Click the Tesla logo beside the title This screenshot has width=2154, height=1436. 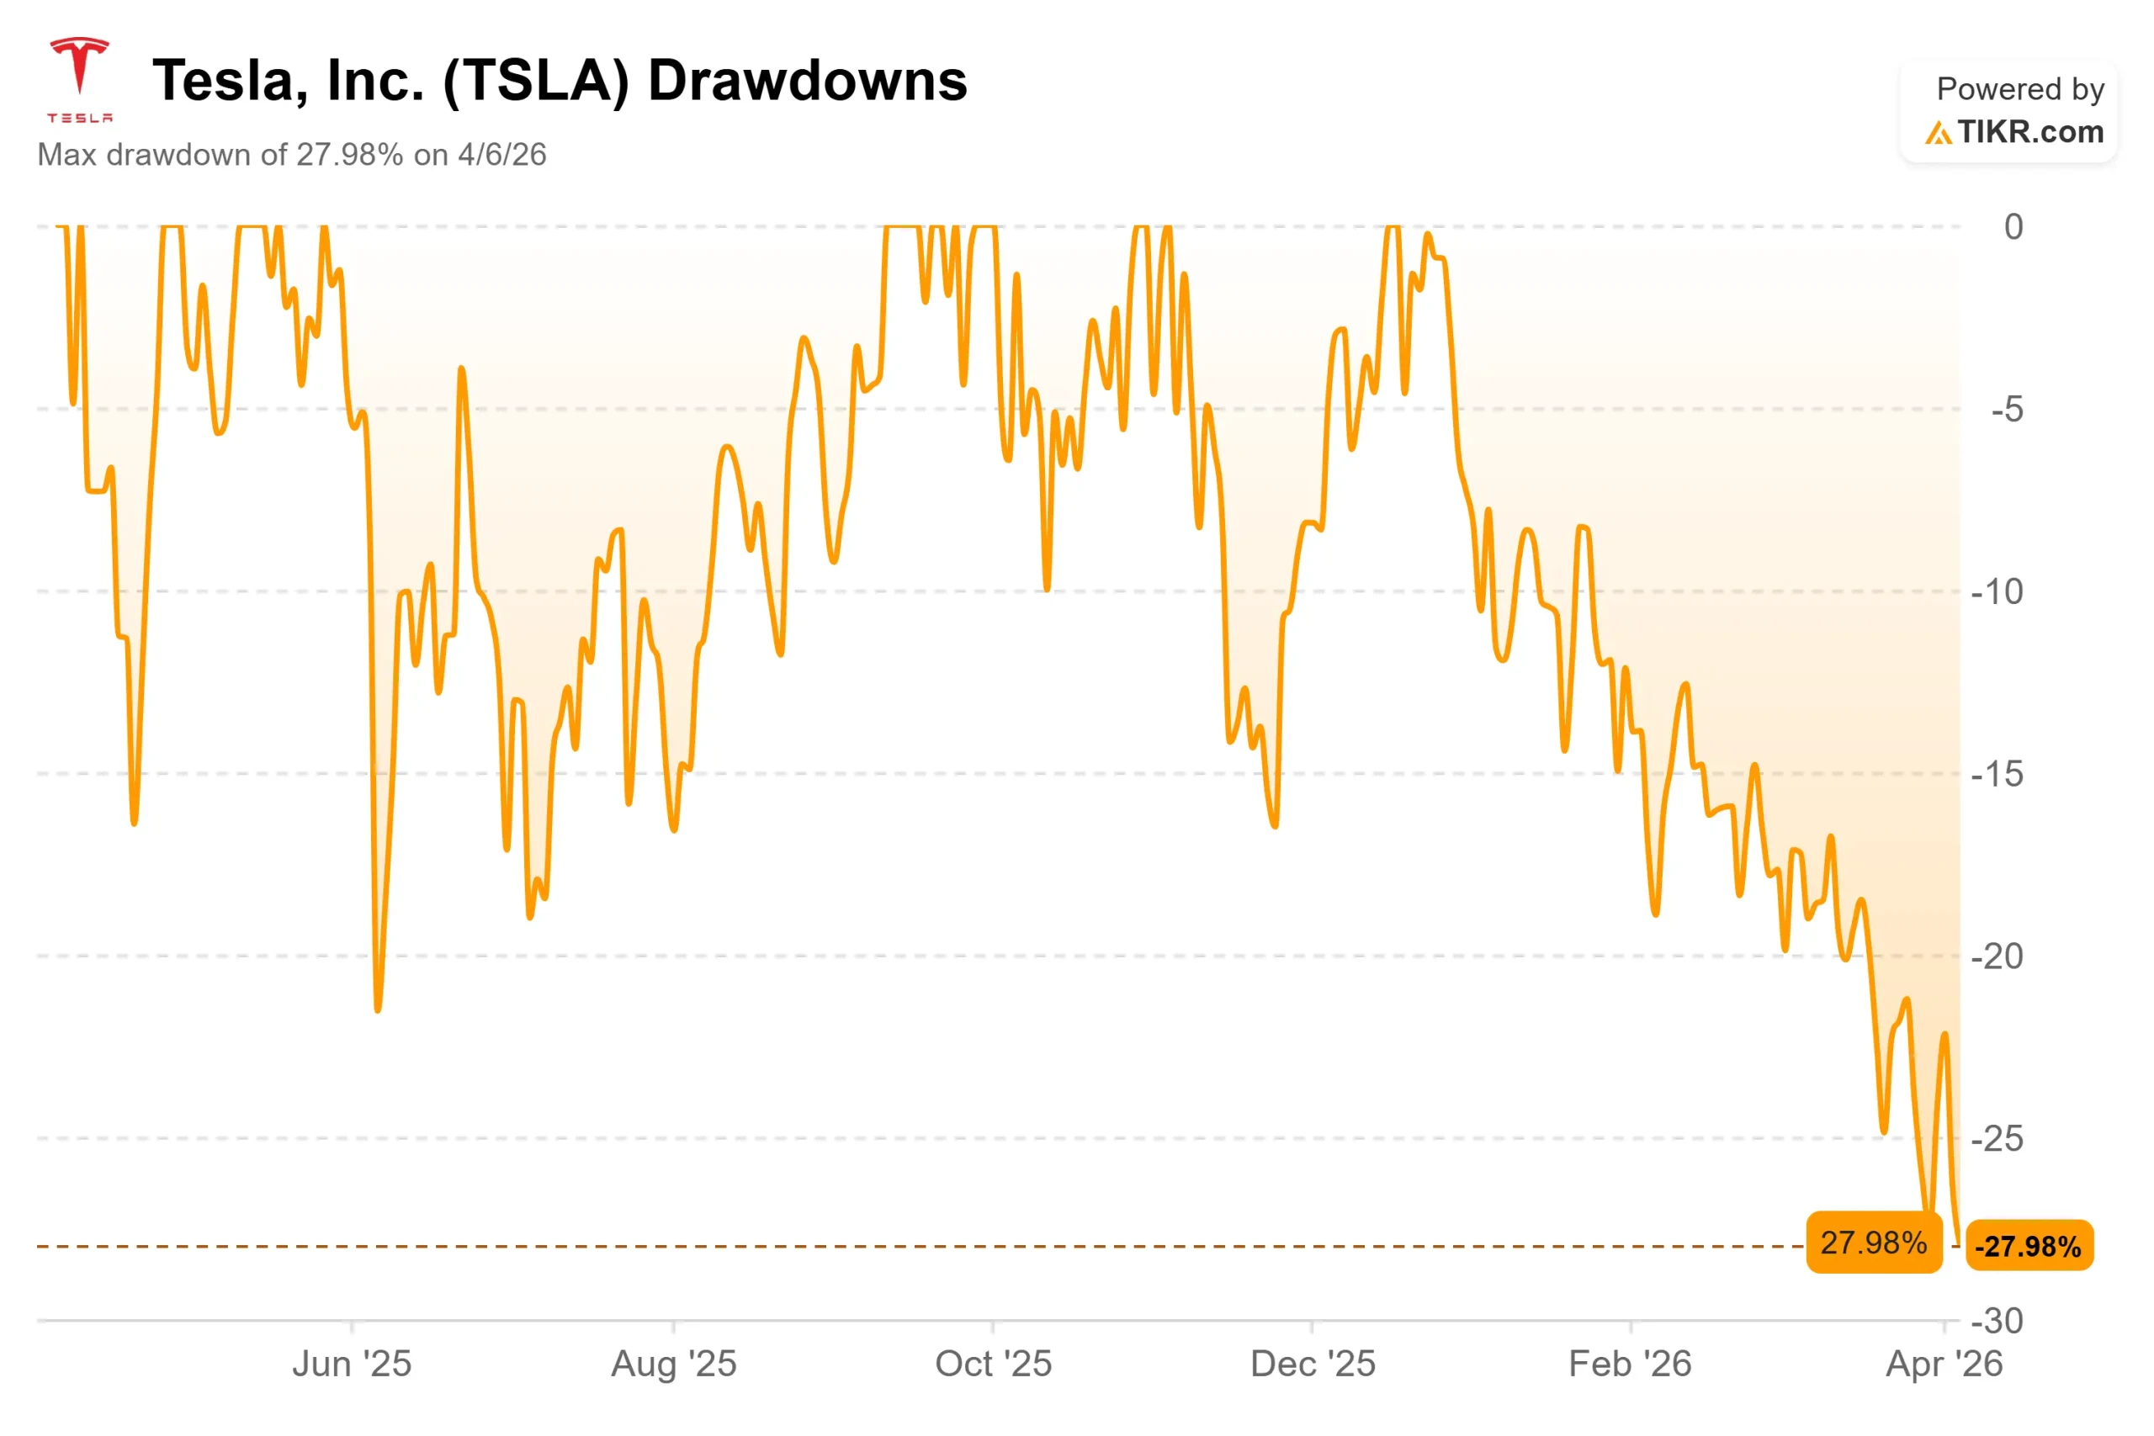(x=79, y=79)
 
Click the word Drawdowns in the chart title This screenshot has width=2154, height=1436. (x=807, y=81)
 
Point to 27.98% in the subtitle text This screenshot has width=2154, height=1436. (x=349, y=155)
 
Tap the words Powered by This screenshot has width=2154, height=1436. (x=2019, y=89)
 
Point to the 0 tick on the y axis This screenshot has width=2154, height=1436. (x=2013, y=227)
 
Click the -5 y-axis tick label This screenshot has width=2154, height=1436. (x=2007, y=410)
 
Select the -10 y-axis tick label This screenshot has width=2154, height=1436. (x=1997, y=591)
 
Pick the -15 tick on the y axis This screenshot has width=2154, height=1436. (x=1997, y=774)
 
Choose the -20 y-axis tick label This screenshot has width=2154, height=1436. (x=1997, y=956)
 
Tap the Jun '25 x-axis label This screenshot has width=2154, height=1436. (x=352, y=1364)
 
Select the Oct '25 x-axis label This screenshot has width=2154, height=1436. (x=993, y=1364)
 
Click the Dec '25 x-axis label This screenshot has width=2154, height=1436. (x=1313, y=1364)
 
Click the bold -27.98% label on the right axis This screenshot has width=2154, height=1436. (x=2029, y=1247)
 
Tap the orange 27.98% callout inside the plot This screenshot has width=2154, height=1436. (x=1874, y=1243)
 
